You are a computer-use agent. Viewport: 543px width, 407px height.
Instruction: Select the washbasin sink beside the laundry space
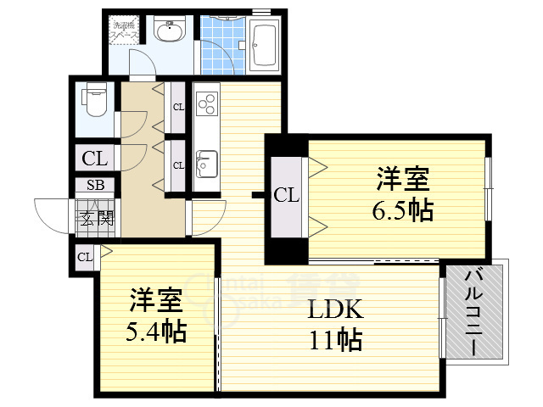point(170,32)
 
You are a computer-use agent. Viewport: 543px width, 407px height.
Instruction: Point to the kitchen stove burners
point(207,104)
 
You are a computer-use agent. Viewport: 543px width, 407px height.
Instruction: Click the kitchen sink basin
point(206,160)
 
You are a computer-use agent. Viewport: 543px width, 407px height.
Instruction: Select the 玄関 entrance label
point(97,219)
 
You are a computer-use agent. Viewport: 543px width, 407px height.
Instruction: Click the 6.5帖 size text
point(403,209)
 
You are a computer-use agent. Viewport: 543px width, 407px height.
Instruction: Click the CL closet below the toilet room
point(94,158)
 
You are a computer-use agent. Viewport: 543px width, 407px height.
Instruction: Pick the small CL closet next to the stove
point(178,108)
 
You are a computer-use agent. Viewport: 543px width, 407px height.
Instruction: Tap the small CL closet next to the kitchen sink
point(178,164)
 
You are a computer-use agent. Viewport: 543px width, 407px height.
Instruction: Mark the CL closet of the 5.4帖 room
point(85,257)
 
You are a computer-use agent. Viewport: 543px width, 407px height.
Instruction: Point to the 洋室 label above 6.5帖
point(403,180)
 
